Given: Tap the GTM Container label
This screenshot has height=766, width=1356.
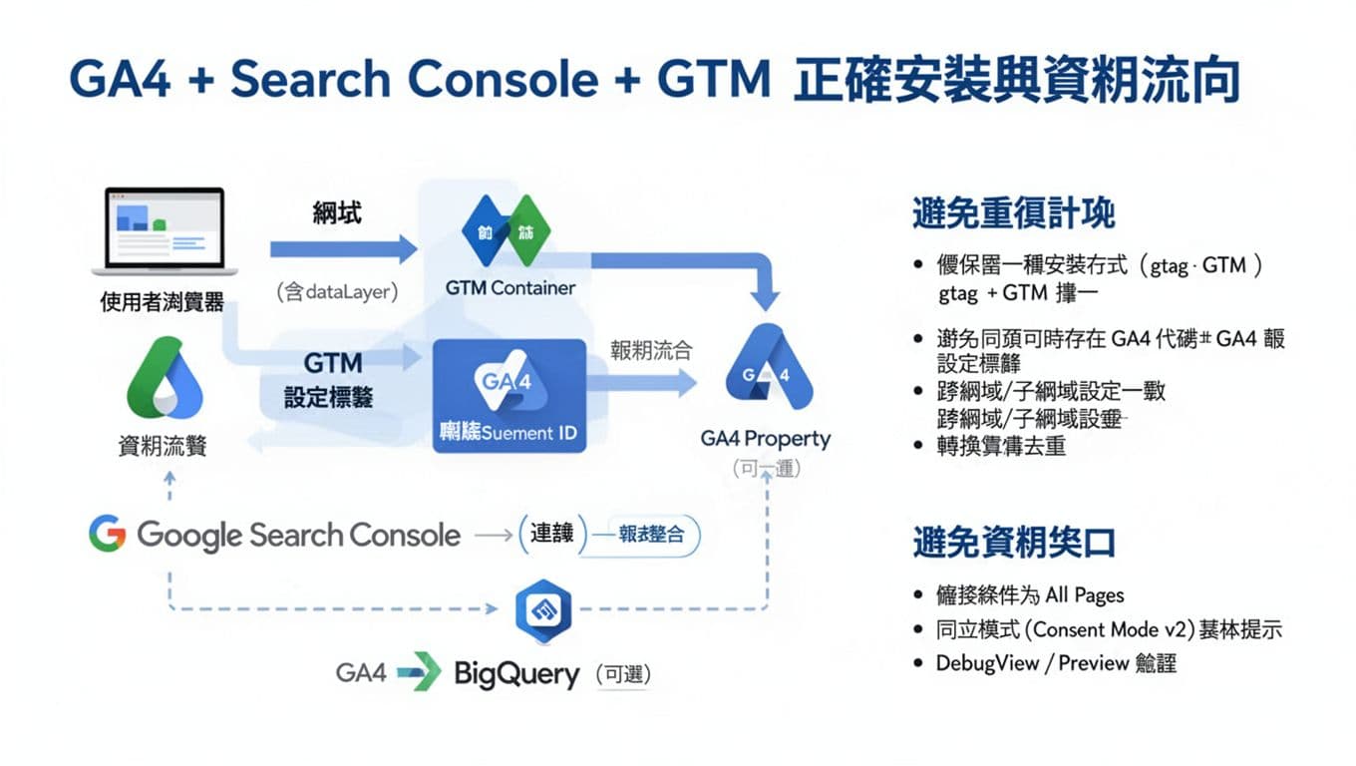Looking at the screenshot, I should [509, 288].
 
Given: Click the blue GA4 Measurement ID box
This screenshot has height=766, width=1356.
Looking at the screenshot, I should [509, 396].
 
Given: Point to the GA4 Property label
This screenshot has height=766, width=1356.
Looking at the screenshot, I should [765, 439].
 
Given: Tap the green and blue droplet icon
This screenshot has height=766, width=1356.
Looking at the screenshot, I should [164, 378].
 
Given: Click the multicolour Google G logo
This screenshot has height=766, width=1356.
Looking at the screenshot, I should [107, 535].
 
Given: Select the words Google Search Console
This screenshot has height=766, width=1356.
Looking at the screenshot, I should [298, 536].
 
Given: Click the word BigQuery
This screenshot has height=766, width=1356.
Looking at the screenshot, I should [516, 674].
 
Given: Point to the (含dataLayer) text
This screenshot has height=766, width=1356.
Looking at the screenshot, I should [337, 292].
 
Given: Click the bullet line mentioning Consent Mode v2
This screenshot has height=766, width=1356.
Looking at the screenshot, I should [1107, 629].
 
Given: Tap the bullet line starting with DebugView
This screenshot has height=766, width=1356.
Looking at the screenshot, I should [1055, 663].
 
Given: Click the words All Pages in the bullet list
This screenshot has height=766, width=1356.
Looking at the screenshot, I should [1084, 595].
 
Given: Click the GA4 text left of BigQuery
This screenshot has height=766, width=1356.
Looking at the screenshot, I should [361, 673].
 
